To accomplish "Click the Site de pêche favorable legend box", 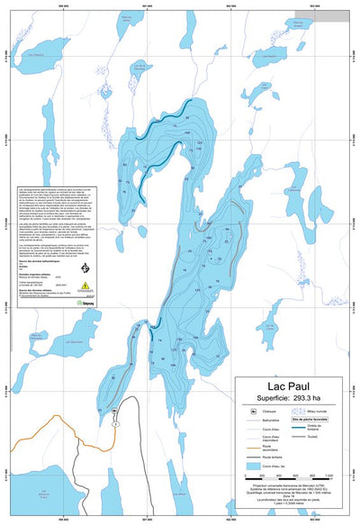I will (x=308, y=420).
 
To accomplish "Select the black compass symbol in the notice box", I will (x=85, y=268).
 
